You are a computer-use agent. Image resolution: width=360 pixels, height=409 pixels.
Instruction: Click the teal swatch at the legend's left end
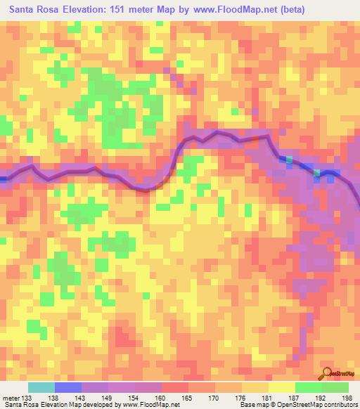pyautogui.click(x=41, y=388)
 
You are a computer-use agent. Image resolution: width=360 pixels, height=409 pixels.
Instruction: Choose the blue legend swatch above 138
pyautogui.click(x=68, y=388)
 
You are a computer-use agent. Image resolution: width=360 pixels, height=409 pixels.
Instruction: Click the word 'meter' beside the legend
pyautogui.click(x=11, y=398)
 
